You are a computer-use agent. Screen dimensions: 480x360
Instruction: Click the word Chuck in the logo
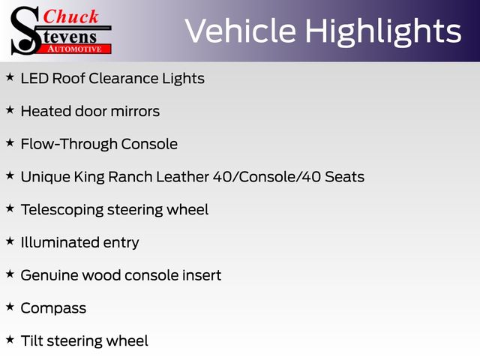(70, 16)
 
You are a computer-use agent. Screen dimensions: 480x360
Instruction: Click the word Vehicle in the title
(241, 31)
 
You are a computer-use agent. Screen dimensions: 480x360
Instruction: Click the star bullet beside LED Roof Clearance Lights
(10, 77)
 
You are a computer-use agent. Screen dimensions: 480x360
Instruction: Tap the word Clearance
(124, 78)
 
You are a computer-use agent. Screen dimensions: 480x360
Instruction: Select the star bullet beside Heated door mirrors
(10, 110)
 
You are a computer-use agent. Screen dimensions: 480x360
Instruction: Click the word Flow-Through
(69, 144)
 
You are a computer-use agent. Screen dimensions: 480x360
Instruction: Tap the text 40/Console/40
(267, 177)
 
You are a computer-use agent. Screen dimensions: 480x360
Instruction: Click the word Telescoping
(62, 210)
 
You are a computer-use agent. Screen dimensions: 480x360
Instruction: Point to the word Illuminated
(60, 242)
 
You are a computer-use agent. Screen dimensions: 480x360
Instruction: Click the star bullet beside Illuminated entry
(10, 241)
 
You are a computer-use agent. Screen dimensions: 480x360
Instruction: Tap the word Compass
(53, 308)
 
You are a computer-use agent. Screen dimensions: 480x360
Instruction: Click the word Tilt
(31, 340)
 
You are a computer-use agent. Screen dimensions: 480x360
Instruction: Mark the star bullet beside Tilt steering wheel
(10, 340)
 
